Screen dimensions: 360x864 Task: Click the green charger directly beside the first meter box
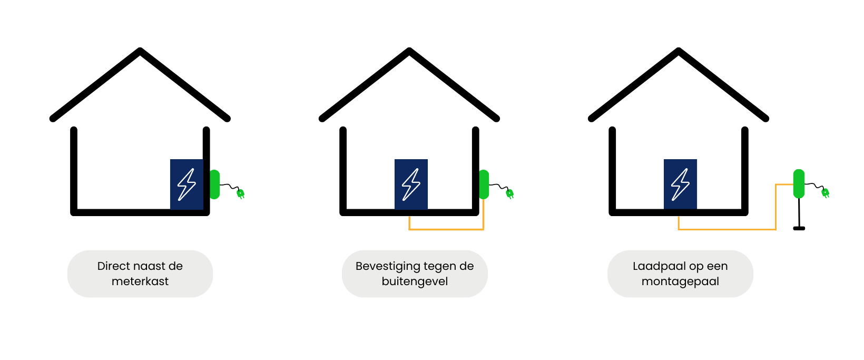tap(214, 184)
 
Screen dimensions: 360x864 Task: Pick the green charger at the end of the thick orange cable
tap(484, 184)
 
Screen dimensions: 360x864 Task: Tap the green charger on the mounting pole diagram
tap(799, 183)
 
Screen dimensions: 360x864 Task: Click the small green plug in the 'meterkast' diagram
tap(241, 194)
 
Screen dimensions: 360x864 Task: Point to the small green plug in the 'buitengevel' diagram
tap(509, 194)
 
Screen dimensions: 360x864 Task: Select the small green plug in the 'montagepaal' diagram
tap(826, 193)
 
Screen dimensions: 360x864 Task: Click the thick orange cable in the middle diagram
tap(446, 229)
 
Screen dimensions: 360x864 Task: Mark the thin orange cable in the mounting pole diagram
tap(727, 229)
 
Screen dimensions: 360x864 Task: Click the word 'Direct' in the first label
tap(114, 266)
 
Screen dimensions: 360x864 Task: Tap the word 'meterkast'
tap(140, 281)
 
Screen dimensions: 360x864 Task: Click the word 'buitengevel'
tap(415, 281)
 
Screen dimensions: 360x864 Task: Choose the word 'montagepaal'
tap(680, 281)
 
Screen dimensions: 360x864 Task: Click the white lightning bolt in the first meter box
tap(186, 184)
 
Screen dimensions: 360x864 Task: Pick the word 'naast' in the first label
tap(150, 266)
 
